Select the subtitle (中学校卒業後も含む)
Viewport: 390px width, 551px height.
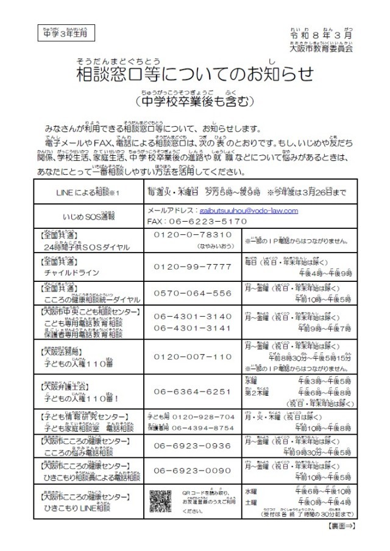pyautogui.click(x=193, y=100)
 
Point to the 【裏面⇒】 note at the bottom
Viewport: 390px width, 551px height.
pyautogui.click(x=341, y=524)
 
